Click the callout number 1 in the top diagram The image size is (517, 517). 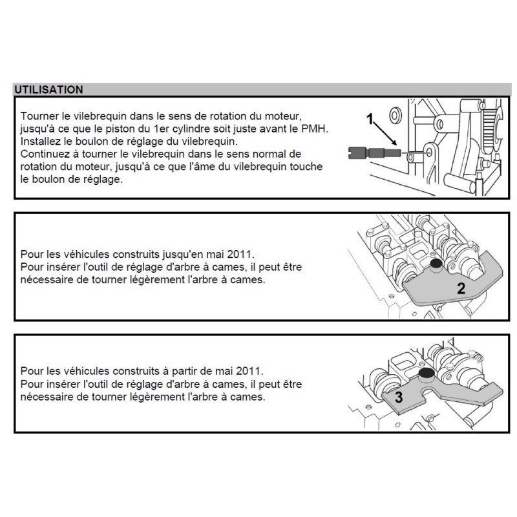coord(370,118)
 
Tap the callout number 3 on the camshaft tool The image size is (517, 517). coord(399,398)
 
